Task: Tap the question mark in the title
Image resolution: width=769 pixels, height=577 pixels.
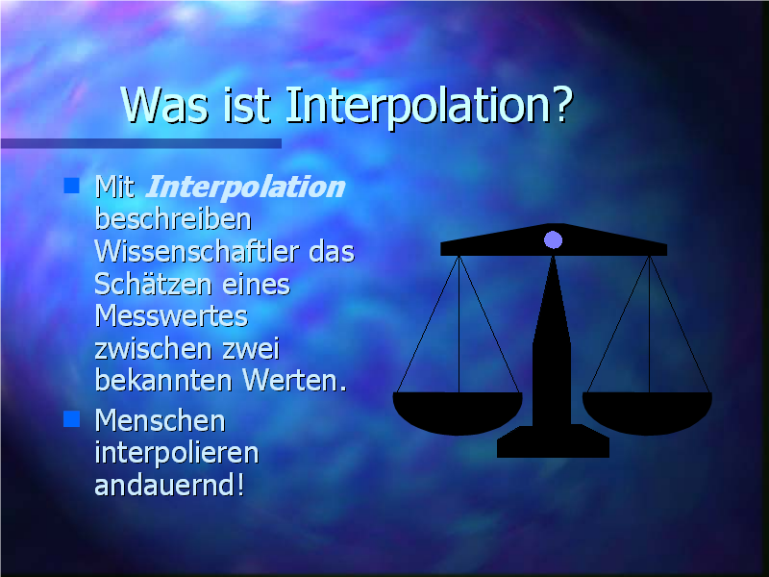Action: point(560,104)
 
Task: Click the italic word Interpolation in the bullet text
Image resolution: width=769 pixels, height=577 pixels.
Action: point(245,187)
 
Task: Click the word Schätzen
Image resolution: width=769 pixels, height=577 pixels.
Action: point(155,284)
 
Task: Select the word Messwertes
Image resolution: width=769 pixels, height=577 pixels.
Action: point(171,316)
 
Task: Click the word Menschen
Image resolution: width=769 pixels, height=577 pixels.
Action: point(160,420)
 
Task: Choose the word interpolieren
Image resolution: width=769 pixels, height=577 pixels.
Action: point(177,454)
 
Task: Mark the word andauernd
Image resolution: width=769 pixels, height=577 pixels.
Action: point(163,485)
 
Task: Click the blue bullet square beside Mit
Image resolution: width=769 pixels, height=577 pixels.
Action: point(71,186)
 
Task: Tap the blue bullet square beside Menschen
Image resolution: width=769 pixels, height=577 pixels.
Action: point(71,419)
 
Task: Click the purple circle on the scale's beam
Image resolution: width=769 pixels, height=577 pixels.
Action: point(554,239)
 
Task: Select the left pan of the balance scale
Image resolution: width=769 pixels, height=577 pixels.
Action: point(458,414)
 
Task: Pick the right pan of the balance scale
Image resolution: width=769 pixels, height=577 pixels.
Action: point(647,414)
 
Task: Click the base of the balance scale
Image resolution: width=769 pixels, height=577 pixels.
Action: point(554,441)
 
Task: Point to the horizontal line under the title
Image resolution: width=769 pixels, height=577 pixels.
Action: point(140,143)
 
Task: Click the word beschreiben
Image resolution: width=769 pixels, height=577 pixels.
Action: point(173,219)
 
